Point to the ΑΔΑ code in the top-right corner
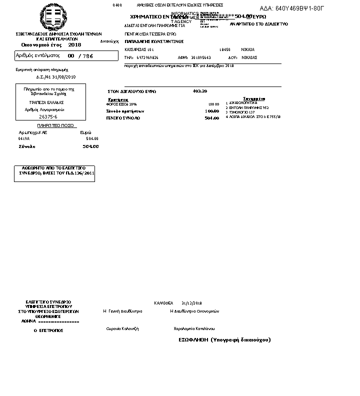(292, 8)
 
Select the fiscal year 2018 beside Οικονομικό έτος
(74, 45)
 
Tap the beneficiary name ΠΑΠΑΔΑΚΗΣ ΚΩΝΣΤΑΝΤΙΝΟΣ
(154, 41)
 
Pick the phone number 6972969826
(147, 57)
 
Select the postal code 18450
(225, 49)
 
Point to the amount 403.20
(199, 91)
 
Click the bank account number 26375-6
(48, 116)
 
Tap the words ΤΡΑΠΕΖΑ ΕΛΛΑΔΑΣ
(45, 102)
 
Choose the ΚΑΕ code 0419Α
(24, 138)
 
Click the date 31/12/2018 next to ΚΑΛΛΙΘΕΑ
(191, 303)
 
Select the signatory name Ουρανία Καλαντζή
(122, 328)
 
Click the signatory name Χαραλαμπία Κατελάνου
(194, 328)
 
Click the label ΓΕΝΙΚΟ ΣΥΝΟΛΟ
(123, 118)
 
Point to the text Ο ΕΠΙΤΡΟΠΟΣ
(48, 330)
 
